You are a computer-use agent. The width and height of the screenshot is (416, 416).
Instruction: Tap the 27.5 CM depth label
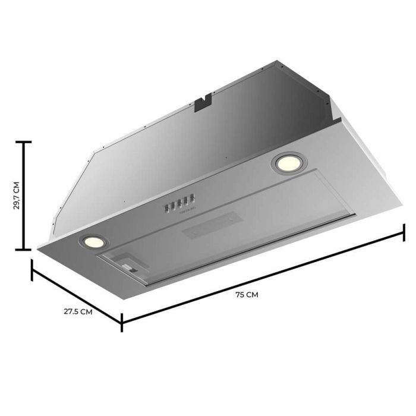tap(78, 311)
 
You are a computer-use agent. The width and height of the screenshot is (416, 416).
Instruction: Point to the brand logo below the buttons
tap(181, 212)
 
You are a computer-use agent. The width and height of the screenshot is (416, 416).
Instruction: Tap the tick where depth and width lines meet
tap(122, 322)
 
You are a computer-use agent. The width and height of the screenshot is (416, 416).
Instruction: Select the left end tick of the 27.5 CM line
tap(32, 269)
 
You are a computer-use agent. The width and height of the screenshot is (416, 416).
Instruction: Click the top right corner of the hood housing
tap(277, 61)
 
